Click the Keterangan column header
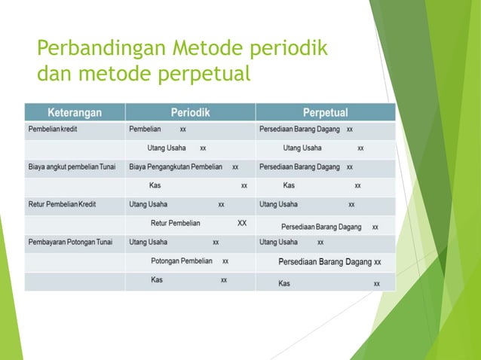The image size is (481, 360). [75, 113]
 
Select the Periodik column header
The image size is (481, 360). [190, 113]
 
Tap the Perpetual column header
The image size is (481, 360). [325, 113]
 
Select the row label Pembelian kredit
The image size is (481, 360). [53, 130]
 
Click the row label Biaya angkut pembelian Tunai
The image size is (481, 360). [72, 166]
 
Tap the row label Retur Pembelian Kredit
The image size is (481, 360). [62, 204]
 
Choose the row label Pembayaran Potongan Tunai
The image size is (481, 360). [71, 243]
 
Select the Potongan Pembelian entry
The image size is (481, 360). [181, 261]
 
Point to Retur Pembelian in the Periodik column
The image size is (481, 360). [176, 223]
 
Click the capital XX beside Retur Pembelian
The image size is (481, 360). [242, 223]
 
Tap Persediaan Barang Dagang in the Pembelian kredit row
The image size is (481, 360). [299, 130]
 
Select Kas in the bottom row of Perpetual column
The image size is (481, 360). [284, 284]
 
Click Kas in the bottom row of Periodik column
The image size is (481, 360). [157, 280]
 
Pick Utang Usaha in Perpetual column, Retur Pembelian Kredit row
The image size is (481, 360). [278, 204]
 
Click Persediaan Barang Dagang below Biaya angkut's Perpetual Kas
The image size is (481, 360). [320, 226]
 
